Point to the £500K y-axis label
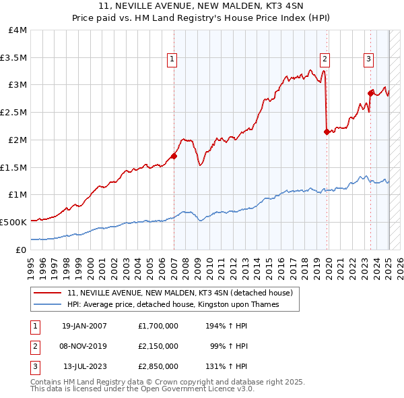tap(13, 222)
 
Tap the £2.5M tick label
tap(14, 113)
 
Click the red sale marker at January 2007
tap(174, 156)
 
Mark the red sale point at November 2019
tap(327, 132)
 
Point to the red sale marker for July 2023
tap(370, 93)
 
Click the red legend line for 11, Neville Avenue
tap(48, 293)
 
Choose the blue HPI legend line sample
tap(48, 305)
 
